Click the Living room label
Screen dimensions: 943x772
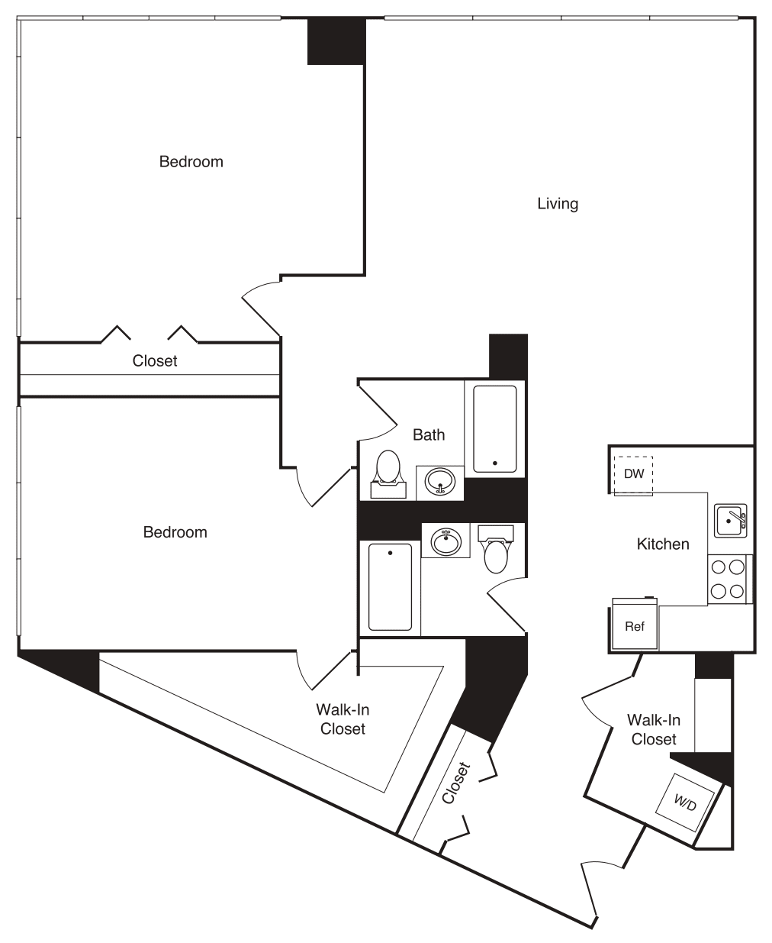coord(558,204)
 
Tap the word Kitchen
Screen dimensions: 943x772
coord(663,544)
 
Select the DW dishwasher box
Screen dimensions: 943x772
coord(634,474)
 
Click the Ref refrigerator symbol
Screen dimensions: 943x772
coord(635,626)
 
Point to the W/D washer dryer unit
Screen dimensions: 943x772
coord(684,802)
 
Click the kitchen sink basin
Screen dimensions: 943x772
coord(730,521)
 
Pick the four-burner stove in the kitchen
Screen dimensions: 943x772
coord(727,579)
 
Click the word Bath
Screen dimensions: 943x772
coord(429,434)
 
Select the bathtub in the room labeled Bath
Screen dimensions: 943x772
coord(494,428)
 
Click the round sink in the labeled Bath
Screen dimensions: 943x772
coord(440,483)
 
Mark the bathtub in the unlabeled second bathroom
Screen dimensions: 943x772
coord(390,586)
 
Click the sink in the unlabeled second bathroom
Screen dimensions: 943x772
coord(446,541)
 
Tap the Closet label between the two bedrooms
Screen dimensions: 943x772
coord(155,360)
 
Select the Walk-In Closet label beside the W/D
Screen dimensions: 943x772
coord(654,729)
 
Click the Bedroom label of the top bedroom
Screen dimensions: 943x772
coord(191,162)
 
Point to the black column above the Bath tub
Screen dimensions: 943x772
coord(508,356)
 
